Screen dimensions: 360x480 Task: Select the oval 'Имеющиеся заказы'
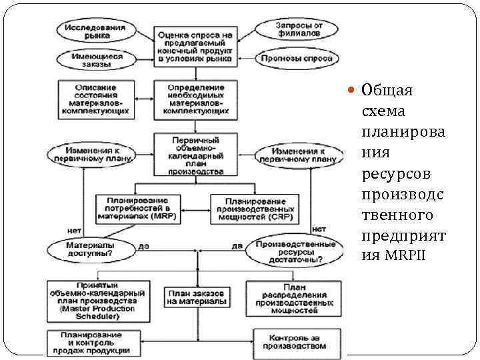coord(98,61)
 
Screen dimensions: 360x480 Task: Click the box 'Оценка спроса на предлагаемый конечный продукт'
coord(195,46)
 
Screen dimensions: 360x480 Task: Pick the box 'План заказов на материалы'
coord(196,297)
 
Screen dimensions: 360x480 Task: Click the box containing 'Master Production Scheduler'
coord(97,301)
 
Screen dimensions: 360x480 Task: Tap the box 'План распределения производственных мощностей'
coord(295,297)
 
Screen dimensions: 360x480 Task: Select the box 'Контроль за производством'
coord(294,342)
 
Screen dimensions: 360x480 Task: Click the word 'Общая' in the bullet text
coord(387,91)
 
